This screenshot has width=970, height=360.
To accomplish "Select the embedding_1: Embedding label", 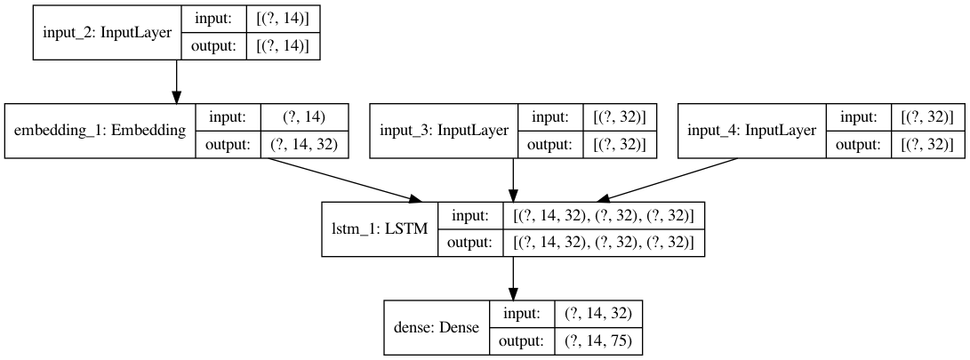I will coord(100,131).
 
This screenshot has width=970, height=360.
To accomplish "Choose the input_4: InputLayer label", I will coord(752,131).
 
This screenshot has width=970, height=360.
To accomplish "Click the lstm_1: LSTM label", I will coord(379,228).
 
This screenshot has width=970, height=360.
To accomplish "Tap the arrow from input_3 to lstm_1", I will coord(513,179).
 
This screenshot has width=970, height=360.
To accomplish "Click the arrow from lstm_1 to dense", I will coord(513,276).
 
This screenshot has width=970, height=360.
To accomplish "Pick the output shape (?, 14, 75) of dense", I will coord(597,341).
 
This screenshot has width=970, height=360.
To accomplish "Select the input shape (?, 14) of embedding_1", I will coord(304,116).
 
